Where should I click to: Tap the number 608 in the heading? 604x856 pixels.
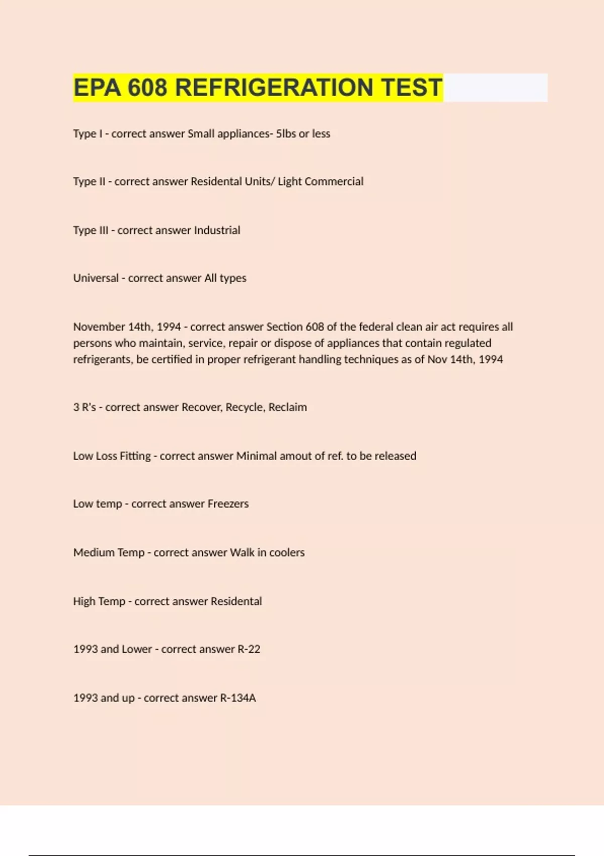point(147,88)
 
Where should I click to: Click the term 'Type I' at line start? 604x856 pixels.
point(88,134)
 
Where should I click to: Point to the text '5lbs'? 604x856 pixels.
point(286,134)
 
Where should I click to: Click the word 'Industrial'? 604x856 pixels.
point(217,231)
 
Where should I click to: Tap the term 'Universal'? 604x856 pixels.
point(96,278)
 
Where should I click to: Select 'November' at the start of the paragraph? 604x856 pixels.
point(99,327)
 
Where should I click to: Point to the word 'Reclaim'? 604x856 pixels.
point(287,407)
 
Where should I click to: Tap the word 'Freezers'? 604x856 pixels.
point(228,504)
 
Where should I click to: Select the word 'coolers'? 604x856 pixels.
point(287,553)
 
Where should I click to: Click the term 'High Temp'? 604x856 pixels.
point(99,602)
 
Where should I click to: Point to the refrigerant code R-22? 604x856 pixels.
point(249,650)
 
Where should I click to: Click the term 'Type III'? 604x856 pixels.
point(91,231)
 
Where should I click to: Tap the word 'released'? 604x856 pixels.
point(395,456)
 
